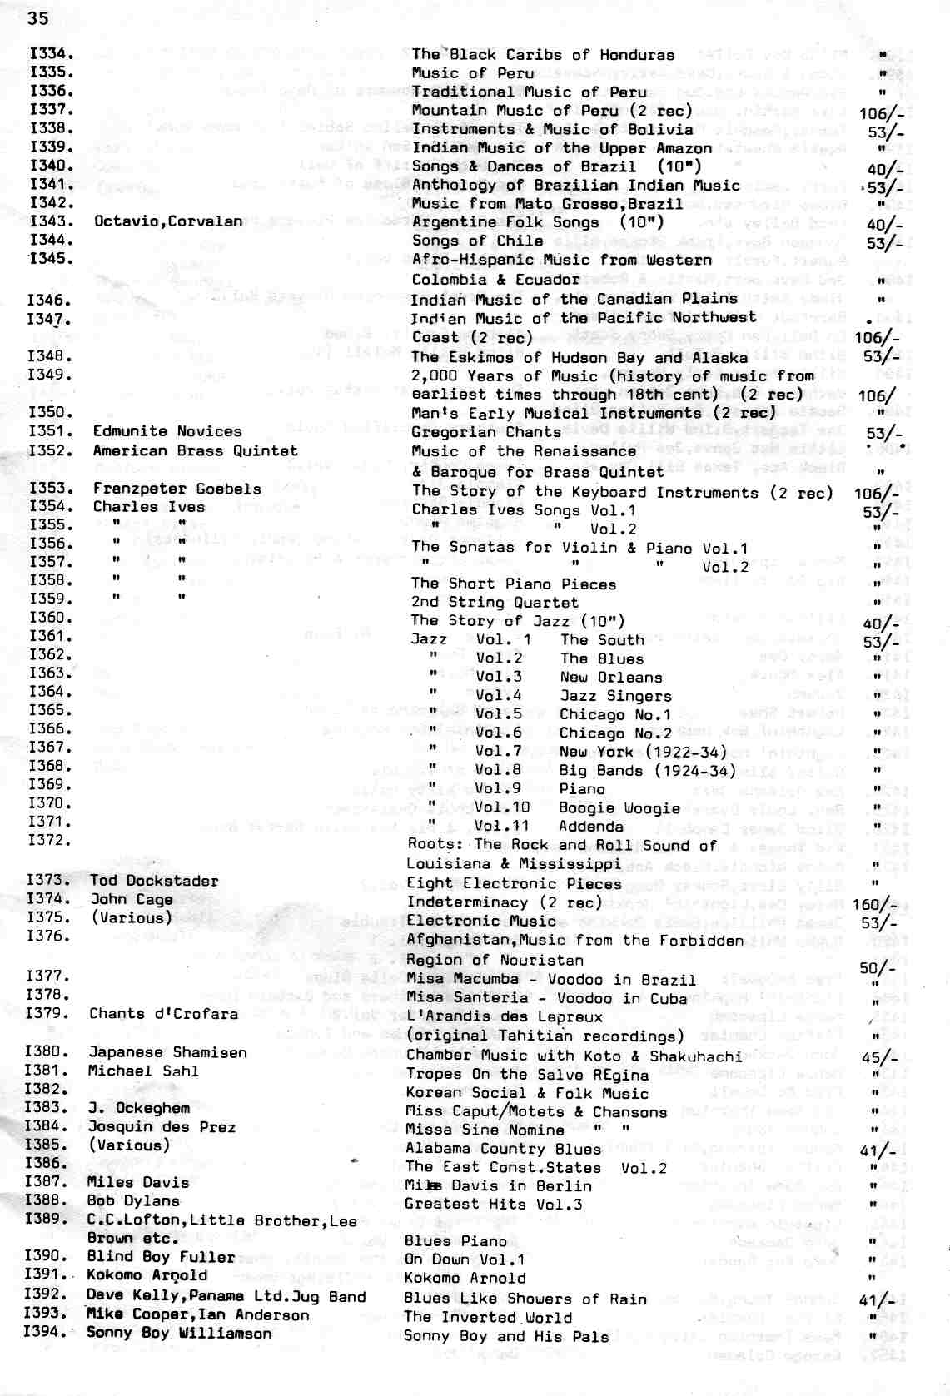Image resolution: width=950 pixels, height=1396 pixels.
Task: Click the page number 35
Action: [x=37, y=18]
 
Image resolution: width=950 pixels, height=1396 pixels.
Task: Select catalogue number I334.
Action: [x=51, y=54]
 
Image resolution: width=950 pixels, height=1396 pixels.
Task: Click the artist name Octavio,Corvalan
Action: [x=168, y=221]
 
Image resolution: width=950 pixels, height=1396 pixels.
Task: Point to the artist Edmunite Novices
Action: [x=167, y=431]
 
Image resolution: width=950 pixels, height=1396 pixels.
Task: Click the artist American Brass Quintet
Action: [x=195, y=450]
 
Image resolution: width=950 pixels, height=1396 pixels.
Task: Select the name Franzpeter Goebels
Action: [x=177, y=489]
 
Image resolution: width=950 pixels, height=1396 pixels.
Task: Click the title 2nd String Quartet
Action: [x=494, y=602]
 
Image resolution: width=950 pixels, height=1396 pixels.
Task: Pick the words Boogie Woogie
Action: [x=619, y=807]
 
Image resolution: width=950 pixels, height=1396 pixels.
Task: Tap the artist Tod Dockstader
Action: [x=154, y=881]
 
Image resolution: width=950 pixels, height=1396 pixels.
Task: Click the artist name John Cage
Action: [x=132, y=899]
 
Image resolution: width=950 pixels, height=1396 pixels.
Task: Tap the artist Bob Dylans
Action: [x=132, y=1201]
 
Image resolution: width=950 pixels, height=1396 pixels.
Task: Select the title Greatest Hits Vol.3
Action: [x=493, y=1204]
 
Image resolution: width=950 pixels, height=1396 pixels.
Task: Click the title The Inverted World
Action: [x=487, y=1318]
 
